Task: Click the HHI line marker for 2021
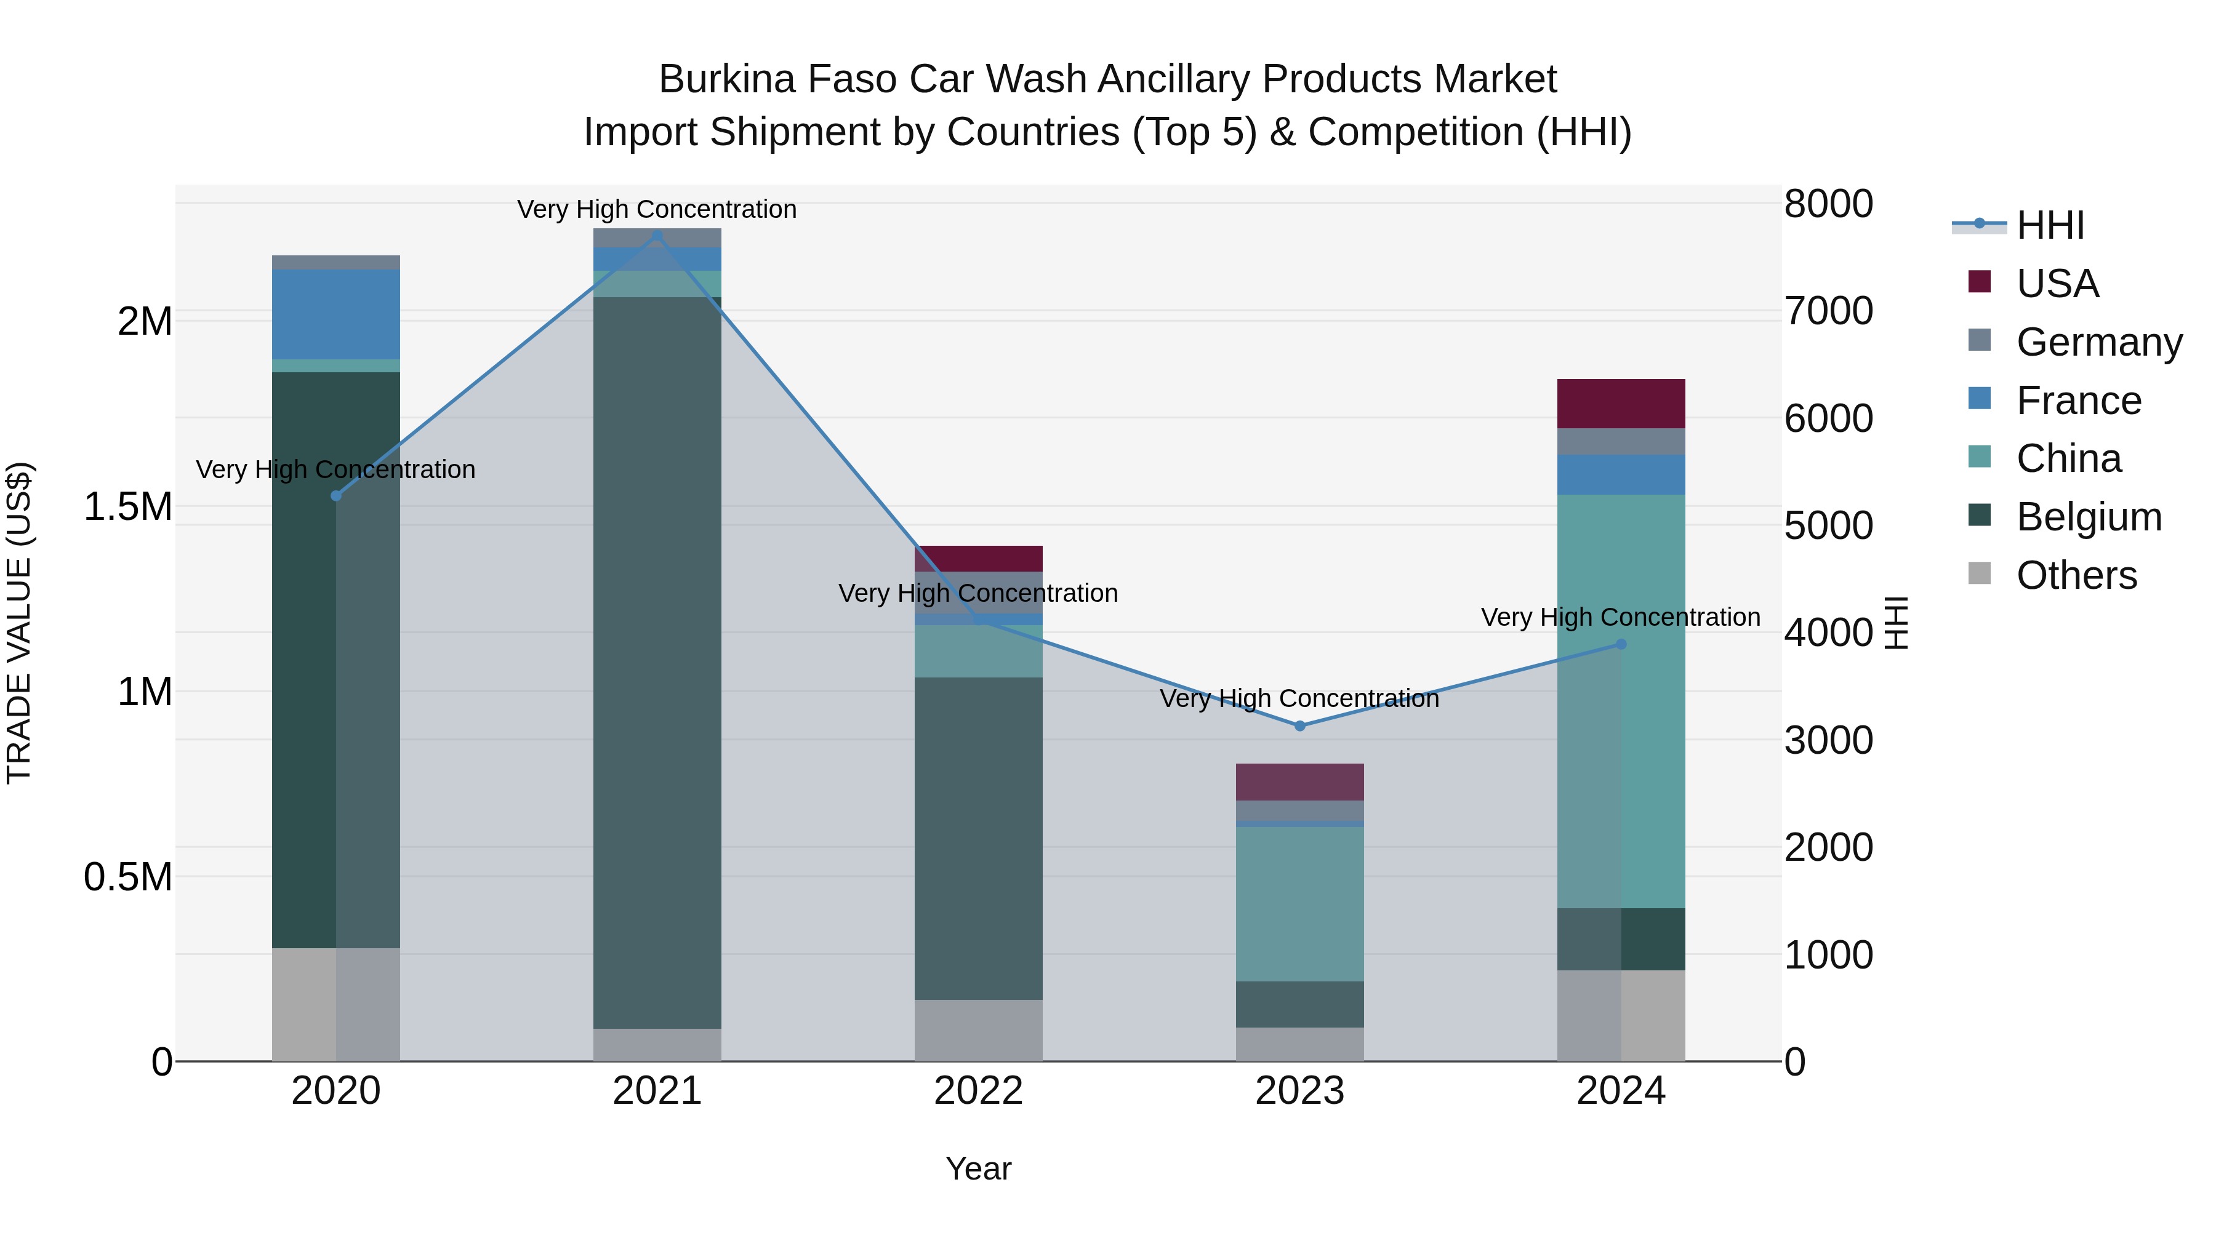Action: tap(657, 236)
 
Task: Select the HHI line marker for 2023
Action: tap(1300, 726)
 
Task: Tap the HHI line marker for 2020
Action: tap(336, 496)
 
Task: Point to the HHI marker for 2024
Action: tap(1621, 644)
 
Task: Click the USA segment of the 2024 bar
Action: tap(1621, 403)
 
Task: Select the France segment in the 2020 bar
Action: tap(336, 314)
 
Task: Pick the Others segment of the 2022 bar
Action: tap(978, 1029)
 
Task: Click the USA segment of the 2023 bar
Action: tap(1300, 781)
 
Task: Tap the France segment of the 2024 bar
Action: tap(1621, 474)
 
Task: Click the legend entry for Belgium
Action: tap(2088, 517)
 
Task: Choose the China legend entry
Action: tap(2068, 458)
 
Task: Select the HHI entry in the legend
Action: tap(2050, 225)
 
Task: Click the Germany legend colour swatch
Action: tap(1980, 340)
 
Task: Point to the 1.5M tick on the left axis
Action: tap(128, 506)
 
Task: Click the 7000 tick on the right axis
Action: tap(1828, 311)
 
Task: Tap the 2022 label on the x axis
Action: tap(978, 1091)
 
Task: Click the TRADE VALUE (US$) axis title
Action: tap(19, 623)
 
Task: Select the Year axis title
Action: tap(978, 1168)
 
